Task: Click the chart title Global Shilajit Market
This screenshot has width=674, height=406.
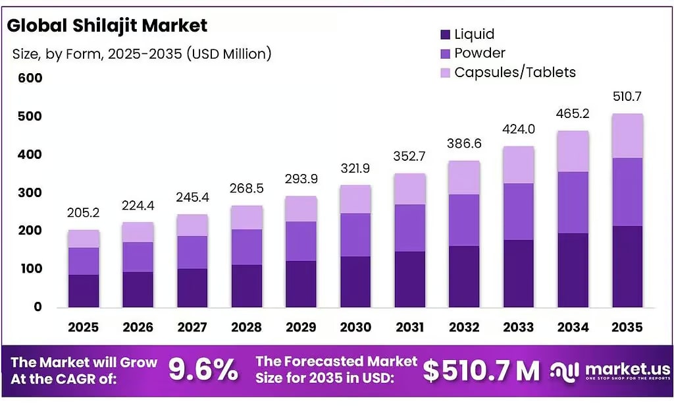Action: click(x=107, y=26)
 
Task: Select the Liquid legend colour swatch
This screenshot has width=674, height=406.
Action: click(x=444, y=34)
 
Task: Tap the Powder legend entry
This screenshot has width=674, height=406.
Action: click(x=479, y=53)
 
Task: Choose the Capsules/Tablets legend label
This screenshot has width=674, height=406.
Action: click(x=515, y=72)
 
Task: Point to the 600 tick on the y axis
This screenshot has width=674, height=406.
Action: click(x=29, y=78)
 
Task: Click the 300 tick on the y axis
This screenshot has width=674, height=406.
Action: click(x=29, y=192)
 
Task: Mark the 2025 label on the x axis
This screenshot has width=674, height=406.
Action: click(x=83, y=327)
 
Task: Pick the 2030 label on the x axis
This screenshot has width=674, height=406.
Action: click(x=355, y=327)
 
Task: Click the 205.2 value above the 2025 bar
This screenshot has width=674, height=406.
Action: click(x=83, y=213)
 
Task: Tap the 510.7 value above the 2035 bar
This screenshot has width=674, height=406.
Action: click(x=627, y=96)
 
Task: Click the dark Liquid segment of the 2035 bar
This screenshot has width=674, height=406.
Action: click(x=627, y=266)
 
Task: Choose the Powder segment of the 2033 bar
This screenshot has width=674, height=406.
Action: click(x=518, y=211)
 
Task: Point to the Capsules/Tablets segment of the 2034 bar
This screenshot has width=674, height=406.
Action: click(x=573, y=151)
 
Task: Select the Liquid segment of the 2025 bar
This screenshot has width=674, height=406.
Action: click(x=84, y=291)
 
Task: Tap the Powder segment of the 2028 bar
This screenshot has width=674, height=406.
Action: click(x=247, y=246)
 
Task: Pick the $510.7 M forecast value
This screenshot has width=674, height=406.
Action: click(x=480, y=371)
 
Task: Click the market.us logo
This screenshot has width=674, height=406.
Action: click(x=609, y=370)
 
